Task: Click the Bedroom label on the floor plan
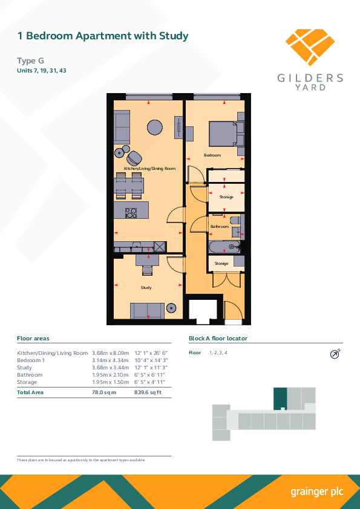pos(212,155)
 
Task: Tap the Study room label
pos(146,288)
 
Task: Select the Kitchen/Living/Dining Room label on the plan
pos(149,169)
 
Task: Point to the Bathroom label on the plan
pos(219,226)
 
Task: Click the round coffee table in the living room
pos(155,127)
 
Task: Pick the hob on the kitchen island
pos(131,213)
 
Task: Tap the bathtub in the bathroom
pos(224,247)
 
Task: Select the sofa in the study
pos(147,311)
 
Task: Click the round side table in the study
pos(171,308)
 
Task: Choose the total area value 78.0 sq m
pos(104,392)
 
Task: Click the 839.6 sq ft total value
pos(148,392)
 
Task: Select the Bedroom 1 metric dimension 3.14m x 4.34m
pos(111,360)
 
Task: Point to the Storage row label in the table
pos(27,382)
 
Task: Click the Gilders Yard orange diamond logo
pos(310,47)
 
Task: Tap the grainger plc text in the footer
pos(317,492)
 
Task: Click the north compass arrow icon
pos(335,354)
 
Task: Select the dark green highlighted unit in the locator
pos(280,398)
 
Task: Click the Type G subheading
pos(30,60)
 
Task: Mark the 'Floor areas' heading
pos(33,339)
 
